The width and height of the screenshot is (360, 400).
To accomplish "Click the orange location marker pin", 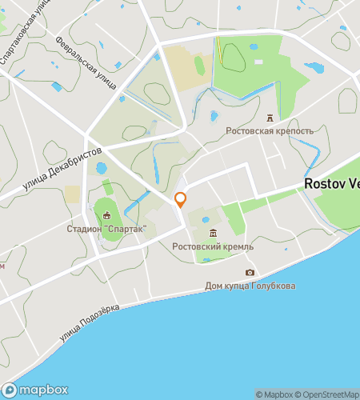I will tap(181, 198).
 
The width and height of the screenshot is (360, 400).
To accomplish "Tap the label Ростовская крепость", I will tap(270, 130).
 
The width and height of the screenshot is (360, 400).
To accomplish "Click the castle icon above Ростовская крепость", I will tap(270, 118).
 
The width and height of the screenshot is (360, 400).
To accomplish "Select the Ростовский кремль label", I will tap(213, 246).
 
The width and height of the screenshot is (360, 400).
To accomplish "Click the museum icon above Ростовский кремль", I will tap(213, 233).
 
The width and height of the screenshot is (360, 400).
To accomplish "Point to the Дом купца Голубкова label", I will tap(250, 286).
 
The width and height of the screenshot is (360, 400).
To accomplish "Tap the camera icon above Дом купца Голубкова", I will tap(250, 273).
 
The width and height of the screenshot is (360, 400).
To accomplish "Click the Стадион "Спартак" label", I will tap(107, 229).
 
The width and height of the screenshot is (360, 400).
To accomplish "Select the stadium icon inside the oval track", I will tap(107, 214).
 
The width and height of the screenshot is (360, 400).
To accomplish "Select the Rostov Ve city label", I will tap(331, 183).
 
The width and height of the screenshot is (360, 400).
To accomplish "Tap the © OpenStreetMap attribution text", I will tap(329, 394).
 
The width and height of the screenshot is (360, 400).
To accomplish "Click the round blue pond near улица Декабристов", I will tap(102, 169).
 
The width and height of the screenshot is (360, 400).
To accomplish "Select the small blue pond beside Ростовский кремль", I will tap(206, 220).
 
